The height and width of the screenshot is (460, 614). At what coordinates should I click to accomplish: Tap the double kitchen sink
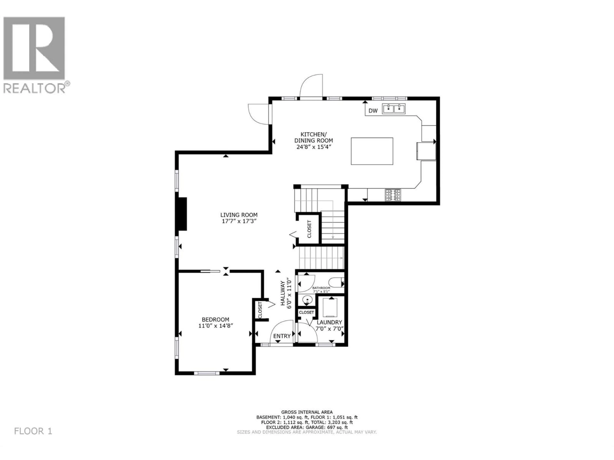[x=394, y=109]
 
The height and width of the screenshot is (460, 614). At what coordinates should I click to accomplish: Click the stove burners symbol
[x=393, y=195]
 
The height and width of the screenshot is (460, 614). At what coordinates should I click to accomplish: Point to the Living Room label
[x=239, y=215]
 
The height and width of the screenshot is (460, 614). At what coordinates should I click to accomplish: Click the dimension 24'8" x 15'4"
[x=314, y=147]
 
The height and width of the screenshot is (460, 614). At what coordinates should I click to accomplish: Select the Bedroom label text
[x=215, y=319]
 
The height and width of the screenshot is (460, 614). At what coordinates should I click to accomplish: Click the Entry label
[x=282, y=336]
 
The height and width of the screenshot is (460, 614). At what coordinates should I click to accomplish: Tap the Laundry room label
[x=329, y=322]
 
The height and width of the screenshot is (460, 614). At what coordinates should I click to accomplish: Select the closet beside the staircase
[x=309, y=229]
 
